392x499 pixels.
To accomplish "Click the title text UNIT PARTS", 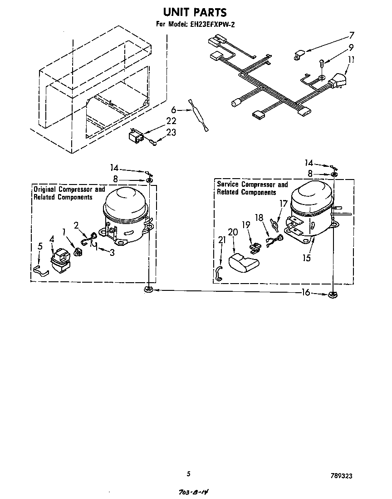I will (195, 12).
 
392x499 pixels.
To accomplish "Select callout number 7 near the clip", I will (351, 35).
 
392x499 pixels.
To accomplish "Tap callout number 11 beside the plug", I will (351, 60).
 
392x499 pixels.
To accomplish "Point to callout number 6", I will (173, 110).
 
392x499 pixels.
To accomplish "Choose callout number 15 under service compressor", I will (307, 258).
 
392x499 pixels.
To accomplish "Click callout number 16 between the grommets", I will (307, 293).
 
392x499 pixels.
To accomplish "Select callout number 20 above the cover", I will (233, 232).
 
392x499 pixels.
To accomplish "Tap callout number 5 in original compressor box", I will (40, 247).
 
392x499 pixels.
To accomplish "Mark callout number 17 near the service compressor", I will (284, 204).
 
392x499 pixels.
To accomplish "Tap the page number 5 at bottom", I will (188, 474).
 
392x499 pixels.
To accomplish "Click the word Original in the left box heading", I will (44, 189).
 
